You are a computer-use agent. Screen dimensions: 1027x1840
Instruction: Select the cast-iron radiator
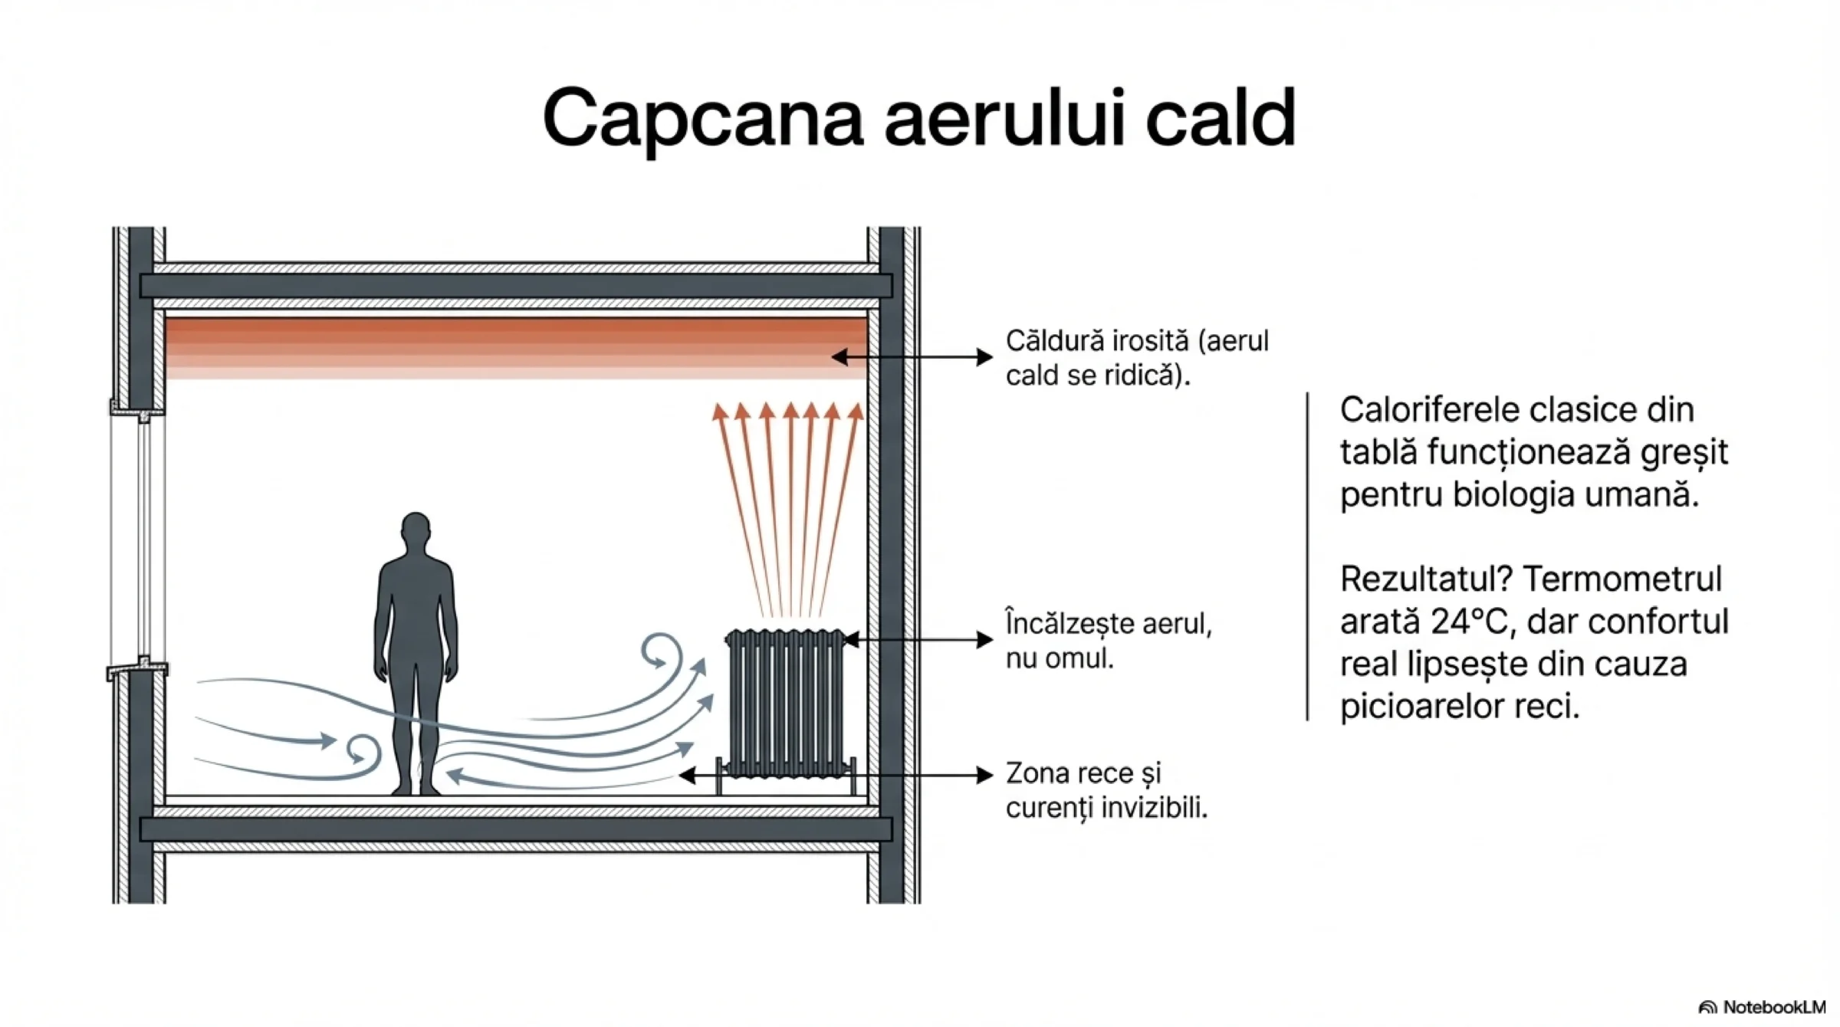click(785, 702)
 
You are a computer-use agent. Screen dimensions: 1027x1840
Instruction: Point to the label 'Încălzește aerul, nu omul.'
click(1108, 641)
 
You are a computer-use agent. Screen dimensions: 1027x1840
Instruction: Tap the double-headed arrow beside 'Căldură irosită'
click(912, 357)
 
